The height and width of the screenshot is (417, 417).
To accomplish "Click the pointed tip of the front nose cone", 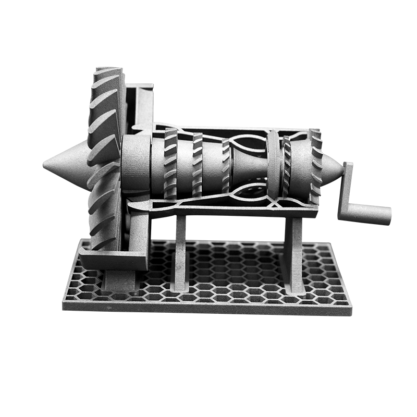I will [45, 166].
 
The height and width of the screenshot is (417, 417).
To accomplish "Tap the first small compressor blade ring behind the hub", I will [171, 163].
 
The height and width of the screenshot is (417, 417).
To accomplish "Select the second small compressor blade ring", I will [198, 164].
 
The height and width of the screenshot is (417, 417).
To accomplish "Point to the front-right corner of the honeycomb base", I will [349, 308].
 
